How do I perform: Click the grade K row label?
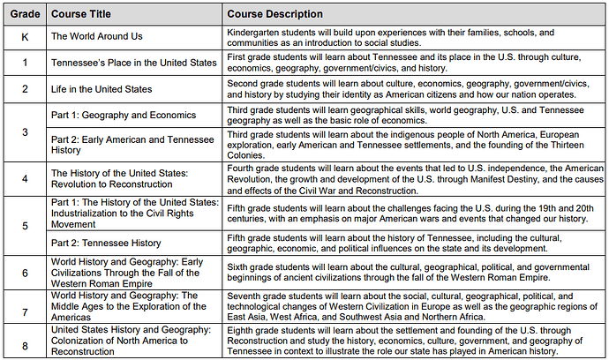[24, 37]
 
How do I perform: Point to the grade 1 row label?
[24, 63]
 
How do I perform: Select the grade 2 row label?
[24, 89]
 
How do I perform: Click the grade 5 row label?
[24, 224]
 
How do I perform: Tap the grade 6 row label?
[24, 274]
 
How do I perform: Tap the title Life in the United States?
[101, 89]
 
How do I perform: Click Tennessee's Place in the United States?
[133, 63]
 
